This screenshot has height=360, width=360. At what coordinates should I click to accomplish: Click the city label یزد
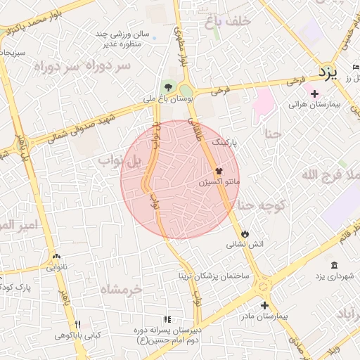(327, 72)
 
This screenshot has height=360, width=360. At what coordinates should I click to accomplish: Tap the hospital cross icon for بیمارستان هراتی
(314, 94)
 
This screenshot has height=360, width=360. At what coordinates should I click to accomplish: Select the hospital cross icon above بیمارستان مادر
(264, 305)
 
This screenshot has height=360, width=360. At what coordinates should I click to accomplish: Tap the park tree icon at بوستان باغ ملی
(167, 87)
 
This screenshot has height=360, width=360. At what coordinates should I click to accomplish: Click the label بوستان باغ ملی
(167, 99)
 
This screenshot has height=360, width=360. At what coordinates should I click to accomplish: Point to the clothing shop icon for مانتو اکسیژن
(219, 171)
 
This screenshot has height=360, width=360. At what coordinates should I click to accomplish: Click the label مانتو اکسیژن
(219, 182)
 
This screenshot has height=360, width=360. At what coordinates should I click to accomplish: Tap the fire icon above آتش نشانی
(245, 233)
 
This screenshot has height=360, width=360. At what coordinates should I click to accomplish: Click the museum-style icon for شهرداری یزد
(333, 265)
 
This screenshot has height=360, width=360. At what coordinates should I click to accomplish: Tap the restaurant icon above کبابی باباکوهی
(78, 324)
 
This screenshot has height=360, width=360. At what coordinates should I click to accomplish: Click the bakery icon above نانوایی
(57, 257)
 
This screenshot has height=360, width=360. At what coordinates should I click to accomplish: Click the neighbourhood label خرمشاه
(120, 289)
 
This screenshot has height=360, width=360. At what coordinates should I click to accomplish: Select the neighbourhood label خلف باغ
(228, 22)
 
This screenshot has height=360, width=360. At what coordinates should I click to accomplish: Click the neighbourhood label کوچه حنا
(259, 205)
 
